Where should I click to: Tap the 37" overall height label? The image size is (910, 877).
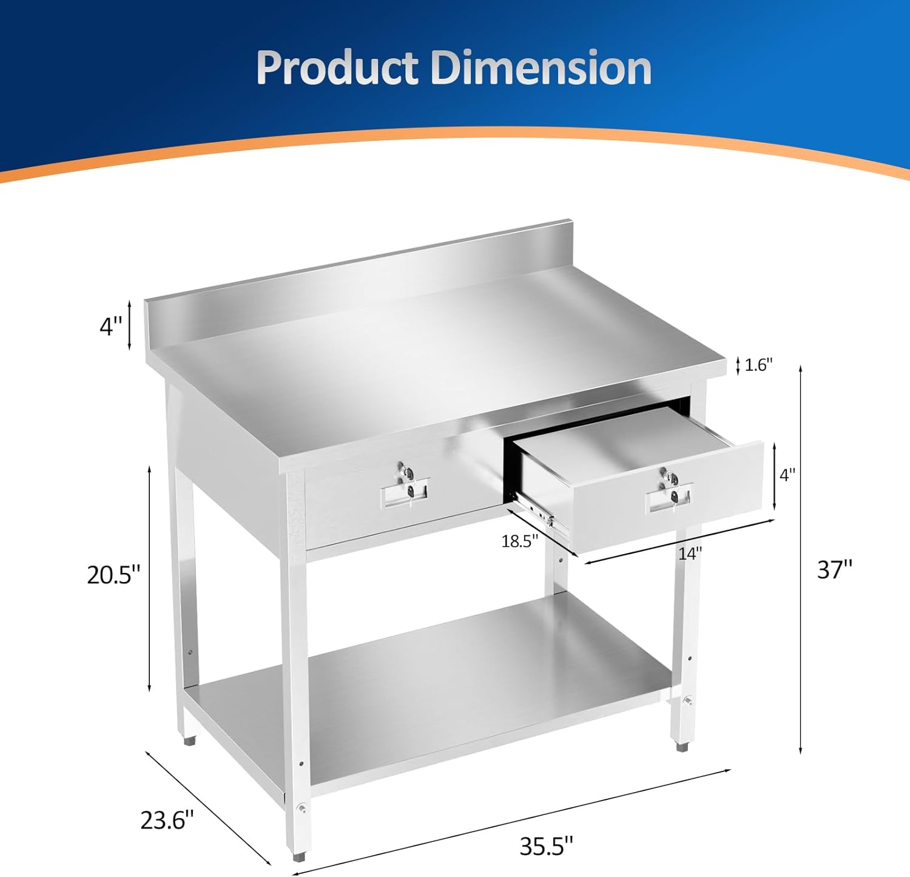tap(835, 569)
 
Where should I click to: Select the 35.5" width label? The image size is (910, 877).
tap(546, 845)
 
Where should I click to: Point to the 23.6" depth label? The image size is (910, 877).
tap(167, 820)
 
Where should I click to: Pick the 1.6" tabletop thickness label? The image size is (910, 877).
tap(758, 365)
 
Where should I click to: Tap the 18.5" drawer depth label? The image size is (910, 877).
tap(520, 541)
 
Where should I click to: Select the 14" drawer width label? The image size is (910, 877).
tap(690, 554)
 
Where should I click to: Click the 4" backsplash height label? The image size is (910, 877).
tap(111, 327)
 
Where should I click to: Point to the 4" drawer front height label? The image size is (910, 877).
tap(787, 475)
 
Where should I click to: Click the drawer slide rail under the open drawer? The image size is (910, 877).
tap(540, 512)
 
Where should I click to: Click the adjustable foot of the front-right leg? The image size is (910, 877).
tap(683, 747)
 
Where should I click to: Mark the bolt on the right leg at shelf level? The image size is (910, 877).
tap(689, 702)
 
